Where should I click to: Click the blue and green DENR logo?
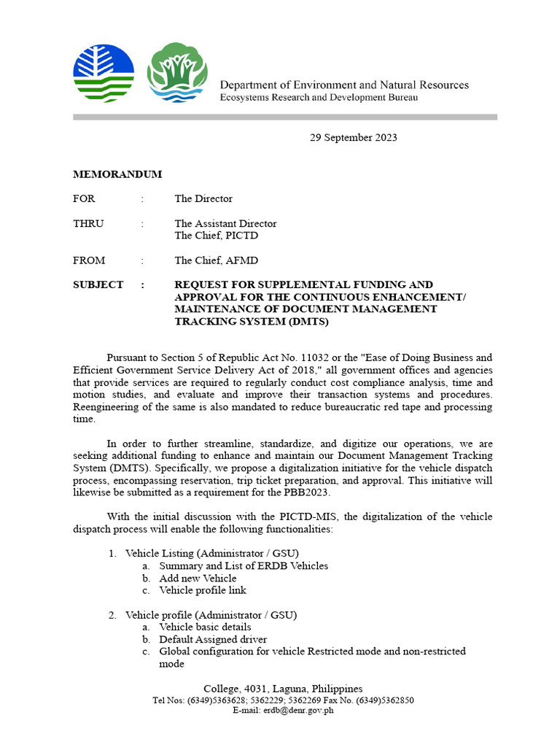pos(104,73)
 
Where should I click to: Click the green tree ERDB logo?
pos(176,73)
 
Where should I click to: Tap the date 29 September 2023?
pos(354,137)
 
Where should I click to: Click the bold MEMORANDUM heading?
pos(117,174)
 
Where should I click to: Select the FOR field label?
pos(84,198)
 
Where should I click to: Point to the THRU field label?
pos(88,224)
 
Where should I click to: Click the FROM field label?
pos(89,260)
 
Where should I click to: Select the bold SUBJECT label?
pos(98,285)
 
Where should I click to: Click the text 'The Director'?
pos(203,198)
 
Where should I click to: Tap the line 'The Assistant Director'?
pos(225,224)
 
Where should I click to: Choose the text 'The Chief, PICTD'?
pos(216,236)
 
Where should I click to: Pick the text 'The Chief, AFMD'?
pos(216,260)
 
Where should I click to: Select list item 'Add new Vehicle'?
pos(198,578)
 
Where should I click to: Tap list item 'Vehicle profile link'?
pos(203,590)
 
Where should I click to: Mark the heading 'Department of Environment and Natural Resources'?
pos(344,85)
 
